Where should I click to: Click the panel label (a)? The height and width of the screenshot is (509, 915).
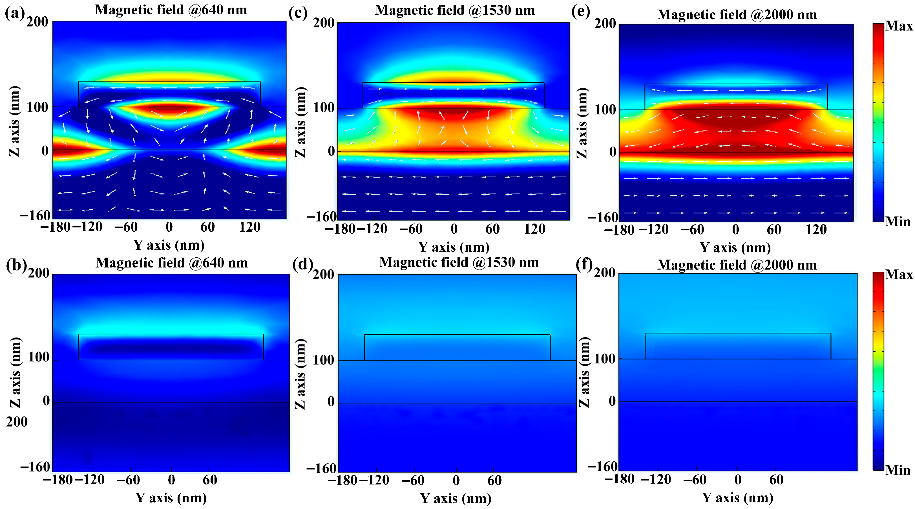[x=15, y=13]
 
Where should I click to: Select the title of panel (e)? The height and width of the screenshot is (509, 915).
[x=737, y=15]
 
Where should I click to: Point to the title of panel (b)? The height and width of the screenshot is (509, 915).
[x=172, y=263]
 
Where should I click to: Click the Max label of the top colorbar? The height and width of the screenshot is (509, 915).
[x=899, y=26]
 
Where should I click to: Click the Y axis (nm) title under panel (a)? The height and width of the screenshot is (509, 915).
[x=169, y=245]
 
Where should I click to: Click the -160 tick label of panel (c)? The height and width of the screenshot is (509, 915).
[x=321, y=216]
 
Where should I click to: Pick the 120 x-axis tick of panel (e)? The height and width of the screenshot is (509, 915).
[x=816, y=230]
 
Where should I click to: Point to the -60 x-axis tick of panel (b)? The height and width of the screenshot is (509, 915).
[x=128, y=480]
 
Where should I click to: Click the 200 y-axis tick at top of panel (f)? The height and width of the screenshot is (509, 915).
[x=605, y=273]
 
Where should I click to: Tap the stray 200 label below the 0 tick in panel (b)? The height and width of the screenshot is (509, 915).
[x=17, y=422]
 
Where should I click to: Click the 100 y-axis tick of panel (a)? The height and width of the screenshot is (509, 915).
[x=38, y=107]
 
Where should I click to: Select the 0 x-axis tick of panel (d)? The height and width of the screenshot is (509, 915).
[x=456, y=481]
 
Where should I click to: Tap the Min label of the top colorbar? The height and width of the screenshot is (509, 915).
[x=898, y=221]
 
